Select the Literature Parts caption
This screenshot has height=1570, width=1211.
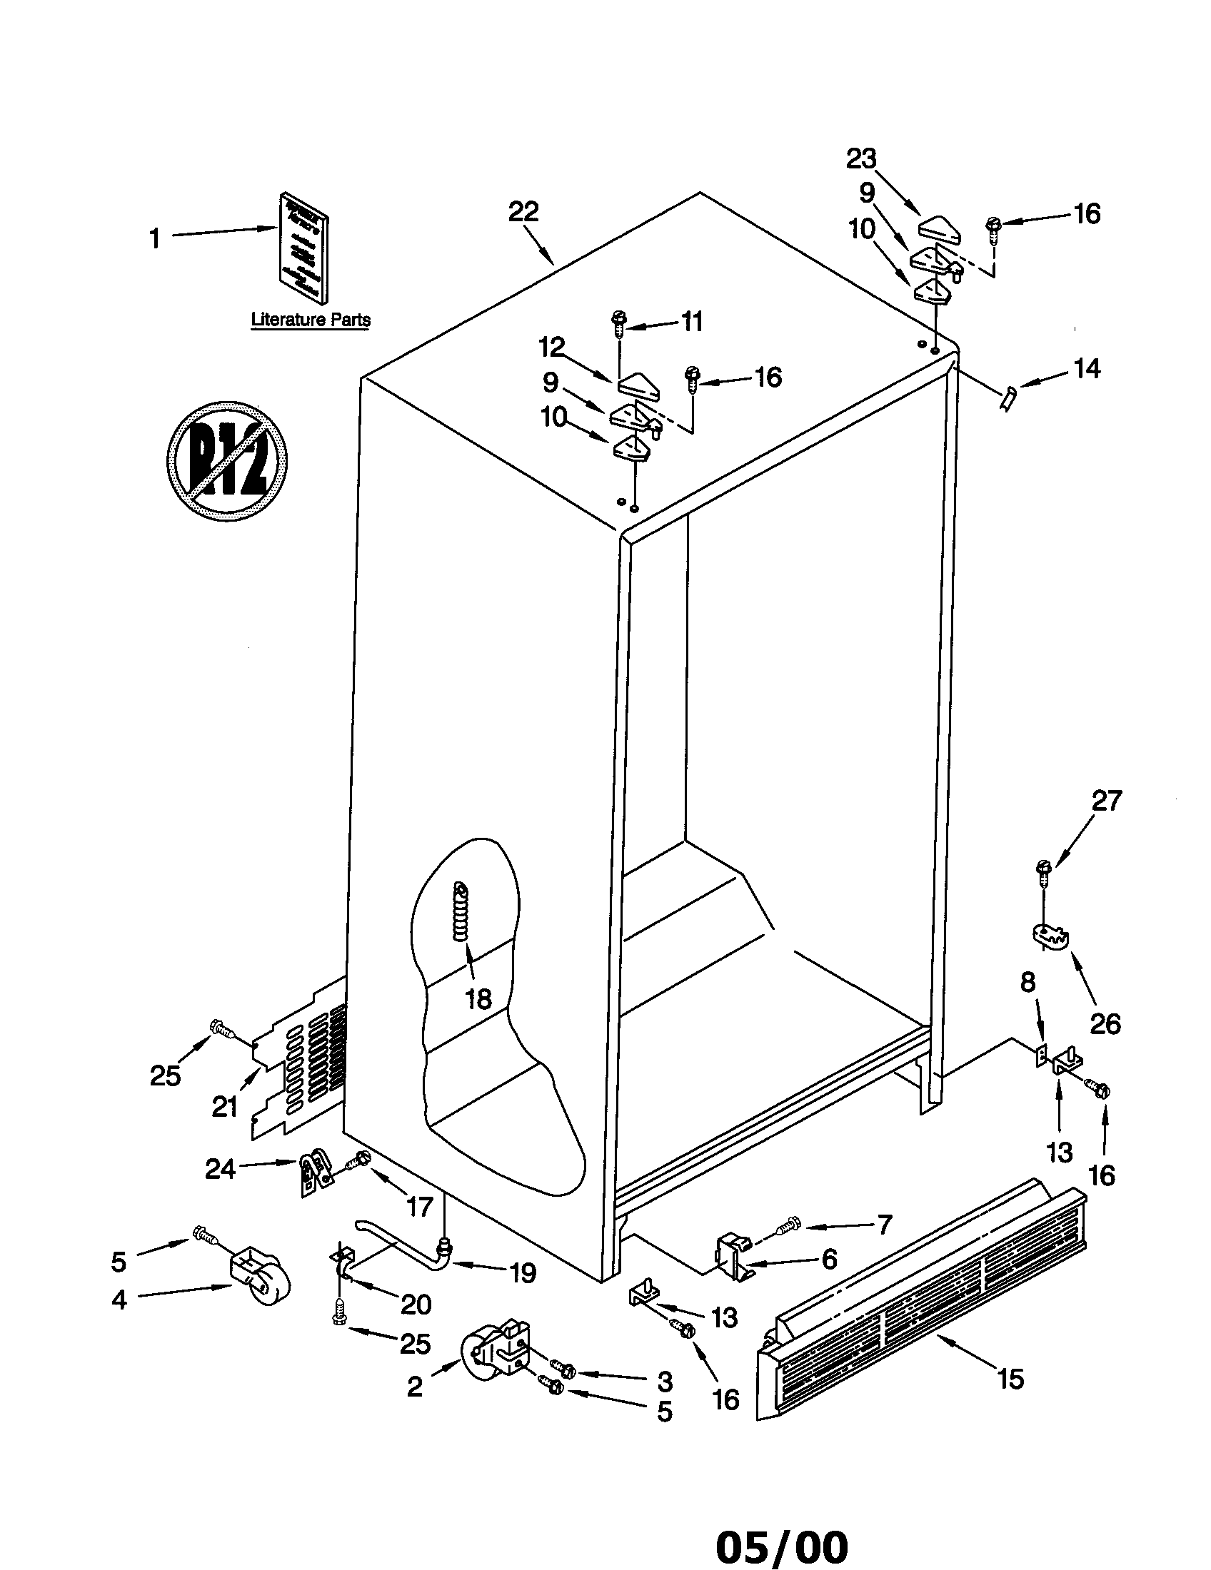tap(311, 320)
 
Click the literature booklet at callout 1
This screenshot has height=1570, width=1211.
tap(304, 248)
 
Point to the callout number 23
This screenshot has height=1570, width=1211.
tap(862, 159)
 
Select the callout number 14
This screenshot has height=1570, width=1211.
tap(1086, 369)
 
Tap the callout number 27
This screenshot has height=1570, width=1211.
tap(1106, 801)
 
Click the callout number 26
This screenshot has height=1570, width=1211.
tap(1105, 1023)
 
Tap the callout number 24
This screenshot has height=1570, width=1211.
tap(220, 1170)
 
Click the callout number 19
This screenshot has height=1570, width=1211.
tap(522, 1273)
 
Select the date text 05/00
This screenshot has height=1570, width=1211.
tap(782, 1542)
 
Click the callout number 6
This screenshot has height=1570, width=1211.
tap(829, 1259)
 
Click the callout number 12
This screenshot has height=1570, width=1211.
tap(552, 348)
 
